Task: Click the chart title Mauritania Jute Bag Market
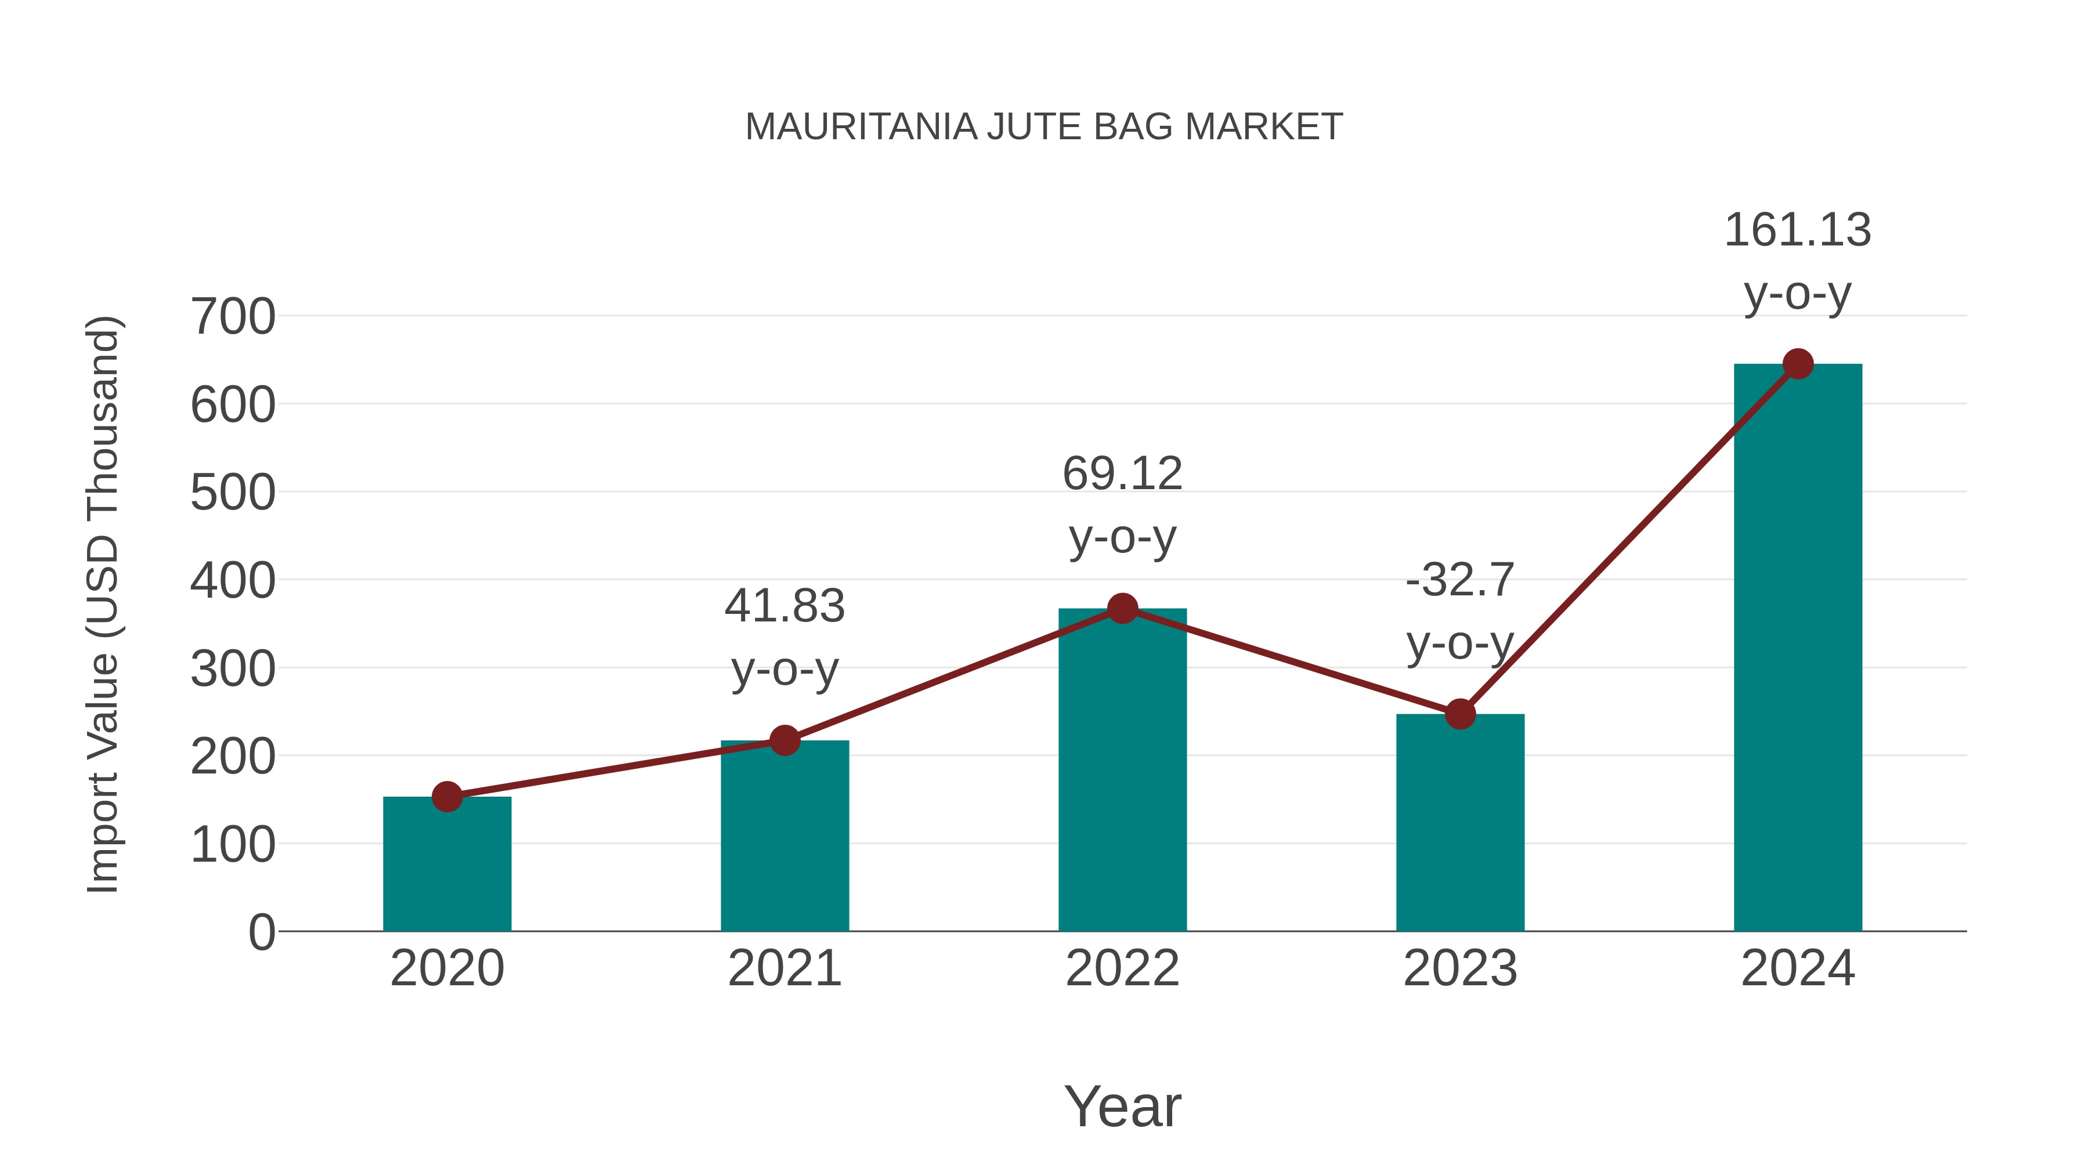pos(1044,127)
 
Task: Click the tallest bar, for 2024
pos(1798,649)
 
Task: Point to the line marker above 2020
pos(447,797)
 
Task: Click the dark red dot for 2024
pos(1798,364)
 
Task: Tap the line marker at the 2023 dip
pos(1460,714)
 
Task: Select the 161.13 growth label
pos(1797,230)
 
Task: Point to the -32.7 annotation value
pos(1460,581)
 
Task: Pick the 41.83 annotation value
pos(784,606)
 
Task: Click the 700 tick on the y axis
pos(233,316)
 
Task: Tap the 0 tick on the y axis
pos(261,932)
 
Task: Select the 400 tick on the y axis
pos(233,581)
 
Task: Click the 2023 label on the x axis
pos(1460,968)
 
